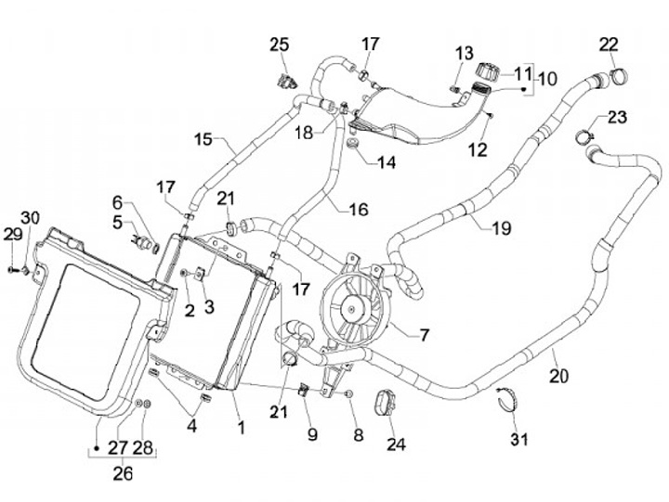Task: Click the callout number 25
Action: pos(280,45)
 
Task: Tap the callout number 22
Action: pos(609,44)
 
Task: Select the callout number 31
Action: pos(518,438)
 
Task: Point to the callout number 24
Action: pos(397,444)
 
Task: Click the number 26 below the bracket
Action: pos(123,474)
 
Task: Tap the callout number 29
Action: pos(12,233)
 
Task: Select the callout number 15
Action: pos(204,140)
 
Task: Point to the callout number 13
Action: pos(464,52)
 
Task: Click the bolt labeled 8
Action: pos(348,394)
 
